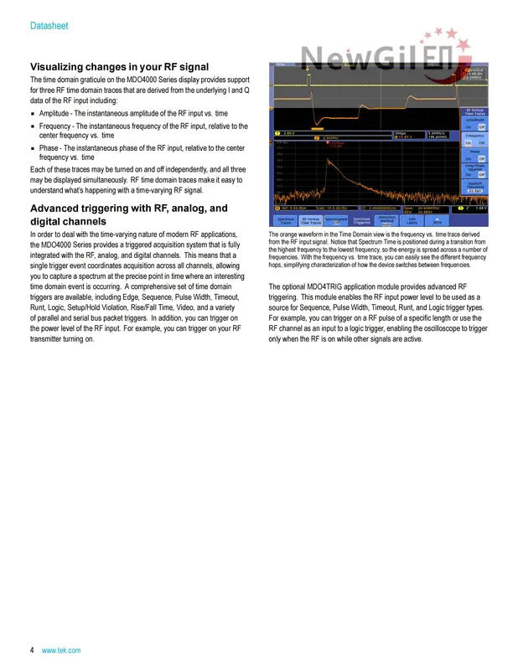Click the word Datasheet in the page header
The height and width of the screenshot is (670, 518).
coord(49,26)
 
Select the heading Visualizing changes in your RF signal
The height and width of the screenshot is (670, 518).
coord(119,66)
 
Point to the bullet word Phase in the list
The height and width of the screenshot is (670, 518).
coord(50,147)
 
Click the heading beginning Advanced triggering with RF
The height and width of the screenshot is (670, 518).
coord(128,208)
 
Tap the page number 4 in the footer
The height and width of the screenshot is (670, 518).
coord(32,650)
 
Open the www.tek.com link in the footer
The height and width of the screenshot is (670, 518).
coord(61,650)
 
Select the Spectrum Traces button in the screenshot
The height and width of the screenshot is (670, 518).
coord(286,221)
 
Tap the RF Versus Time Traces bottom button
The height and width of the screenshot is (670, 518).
coord(311,221)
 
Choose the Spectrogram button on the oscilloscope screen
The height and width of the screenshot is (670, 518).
coord(336,221)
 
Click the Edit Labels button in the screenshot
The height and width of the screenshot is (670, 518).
coord(412,221)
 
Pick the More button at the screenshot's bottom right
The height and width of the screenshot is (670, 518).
coord(438,221)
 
